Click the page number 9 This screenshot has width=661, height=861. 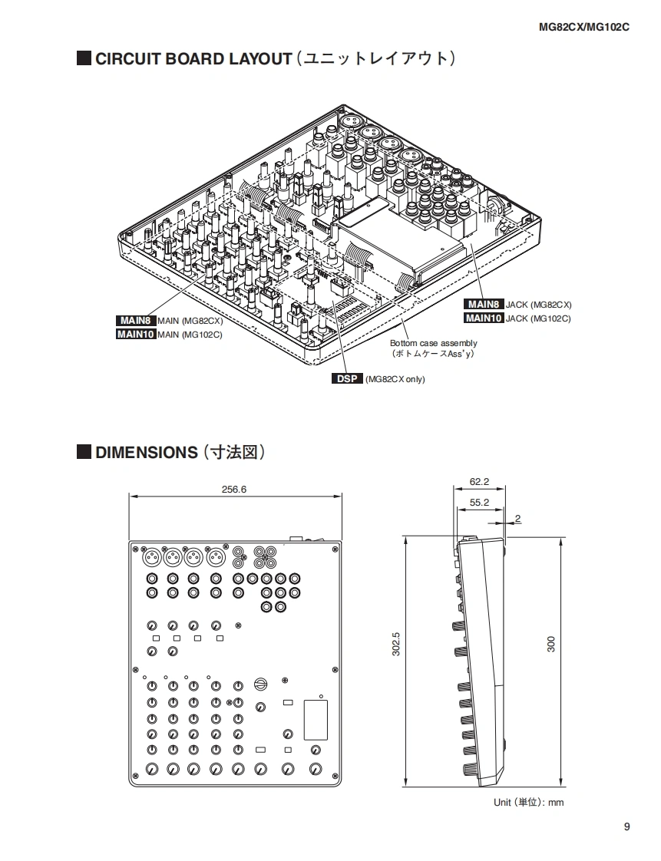pos(626,826)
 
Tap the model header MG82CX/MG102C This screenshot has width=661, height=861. pos(583,27)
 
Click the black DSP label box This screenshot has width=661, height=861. pos(347,379)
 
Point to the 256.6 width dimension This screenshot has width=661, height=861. pos(233,490)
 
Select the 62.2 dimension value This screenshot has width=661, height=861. pos(479,482)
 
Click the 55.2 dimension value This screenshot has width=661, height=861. pos(479,502)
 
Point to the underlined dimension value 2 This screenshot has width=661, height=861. pos(518,519)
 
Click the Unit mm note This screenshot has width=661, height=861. pos(528,802)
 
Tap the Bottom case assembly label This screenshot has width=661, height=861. pos(433,343)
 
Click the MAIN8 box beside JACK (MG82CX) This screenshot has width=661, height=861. pos(484,305)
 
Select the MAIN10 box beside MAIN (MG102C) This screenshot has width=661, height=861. pos(136,334)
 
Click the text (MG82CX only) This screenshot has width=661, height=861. pos(395,379)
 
